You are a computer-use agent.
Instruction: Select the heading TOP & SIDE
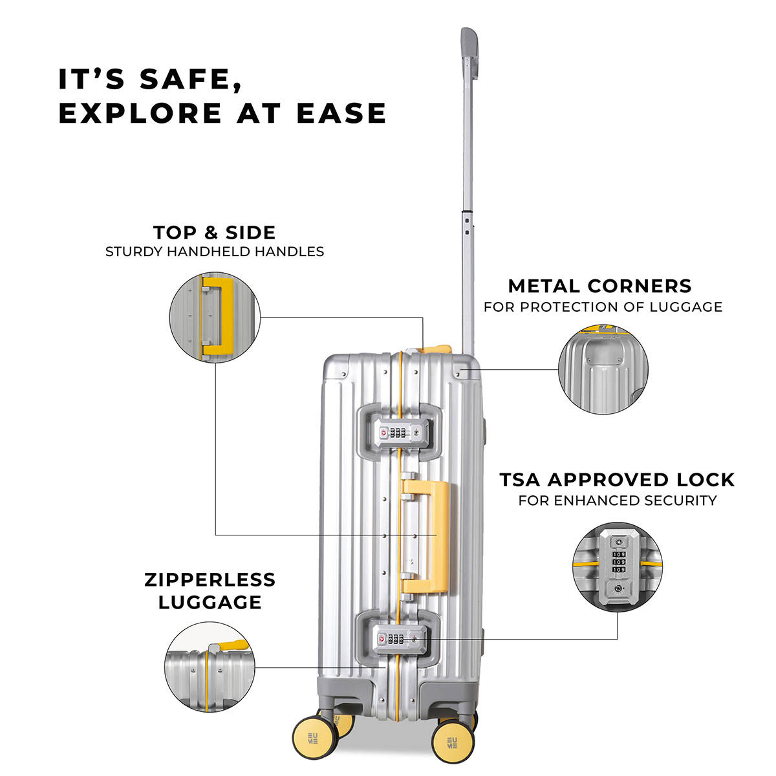pos(214,232)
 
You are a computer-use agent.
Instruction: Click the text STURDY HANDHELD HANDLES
pos(214,252)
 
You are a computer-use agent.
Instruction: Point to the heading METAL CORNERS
pos(599,286)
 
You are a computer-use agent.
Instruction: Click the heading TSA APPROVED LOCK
pos(617,480)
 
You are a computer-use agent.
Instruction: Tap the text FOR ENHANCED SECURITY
pos(617,500)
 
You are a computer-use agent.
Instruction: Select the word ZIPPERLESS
pos(210,579)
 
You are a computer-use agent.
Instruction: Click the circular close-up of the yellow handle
pos(214,316)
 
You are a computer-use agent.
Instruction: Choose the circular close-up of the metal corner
pos(603,370)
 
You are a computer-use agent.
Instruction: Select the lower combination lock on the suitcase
pos(396,640)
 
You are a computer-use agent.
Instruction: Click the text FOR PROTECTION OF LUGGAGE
pos(603,307)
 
